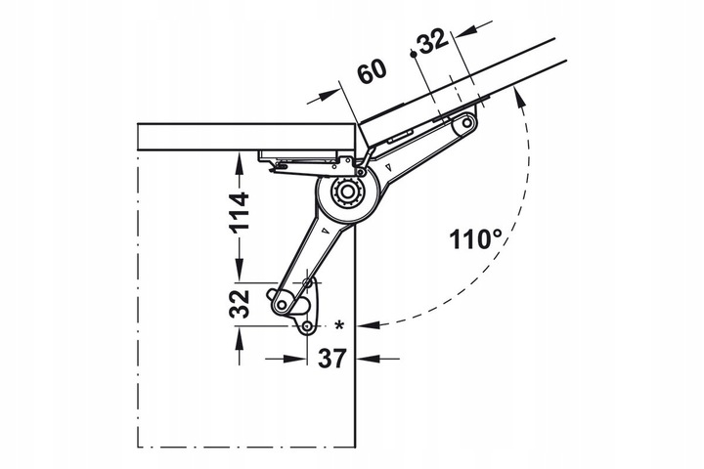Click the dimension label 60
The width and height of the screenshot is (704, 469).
pos(373,72)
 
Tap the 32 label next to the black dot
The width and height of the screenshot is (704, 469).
pos(433,41)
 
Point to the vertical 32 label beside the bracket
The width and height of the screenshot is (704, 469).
pos(239,304)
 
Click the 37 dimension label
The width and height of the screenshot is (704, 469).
pos(332,359)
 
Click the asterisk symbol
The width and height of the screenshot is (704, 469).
pos(339,325)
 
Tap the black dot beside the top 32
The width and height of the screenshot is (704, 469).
pos(413,54)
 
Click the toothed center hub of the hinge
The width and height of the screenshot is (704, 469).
pos(346,192)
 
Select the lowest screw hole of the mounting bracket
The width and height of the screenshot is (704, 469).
pos(308,326)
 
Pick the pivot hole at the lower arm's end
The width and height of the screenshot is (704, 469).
pos(282,305)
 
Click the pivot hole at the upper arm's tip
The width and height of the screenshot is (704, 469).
pos(467,122)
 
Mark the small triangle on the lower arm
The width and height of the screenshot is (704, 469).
pos(325,232)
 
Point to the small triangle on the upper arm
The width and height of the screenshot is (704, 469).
pos(389,168)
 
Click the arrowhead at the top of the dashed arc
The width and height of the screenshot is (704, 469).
pos(519,98)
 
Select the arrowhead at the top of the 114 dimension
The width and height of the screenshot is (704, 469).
pos(239,165)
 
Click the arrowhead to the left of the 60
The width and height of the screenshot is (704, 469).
pos(329,95)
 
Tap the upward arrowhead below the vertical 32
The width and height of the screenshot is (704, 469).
pos(239,339)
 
